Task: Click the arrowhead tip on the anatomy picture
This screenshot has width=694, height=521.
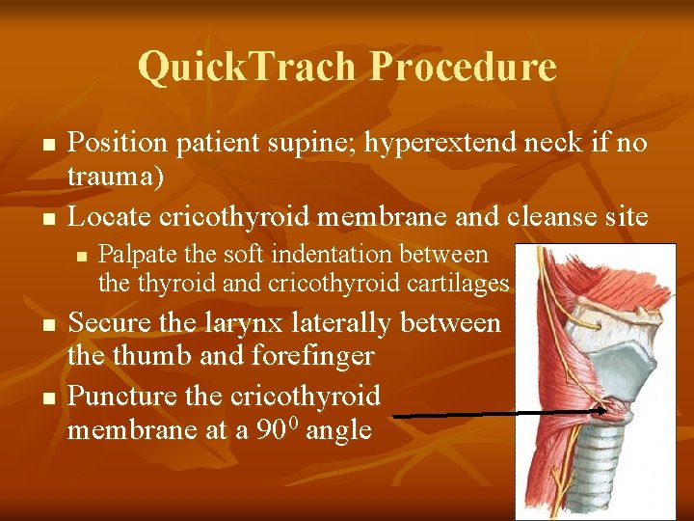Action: click(x=604, y=410)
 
